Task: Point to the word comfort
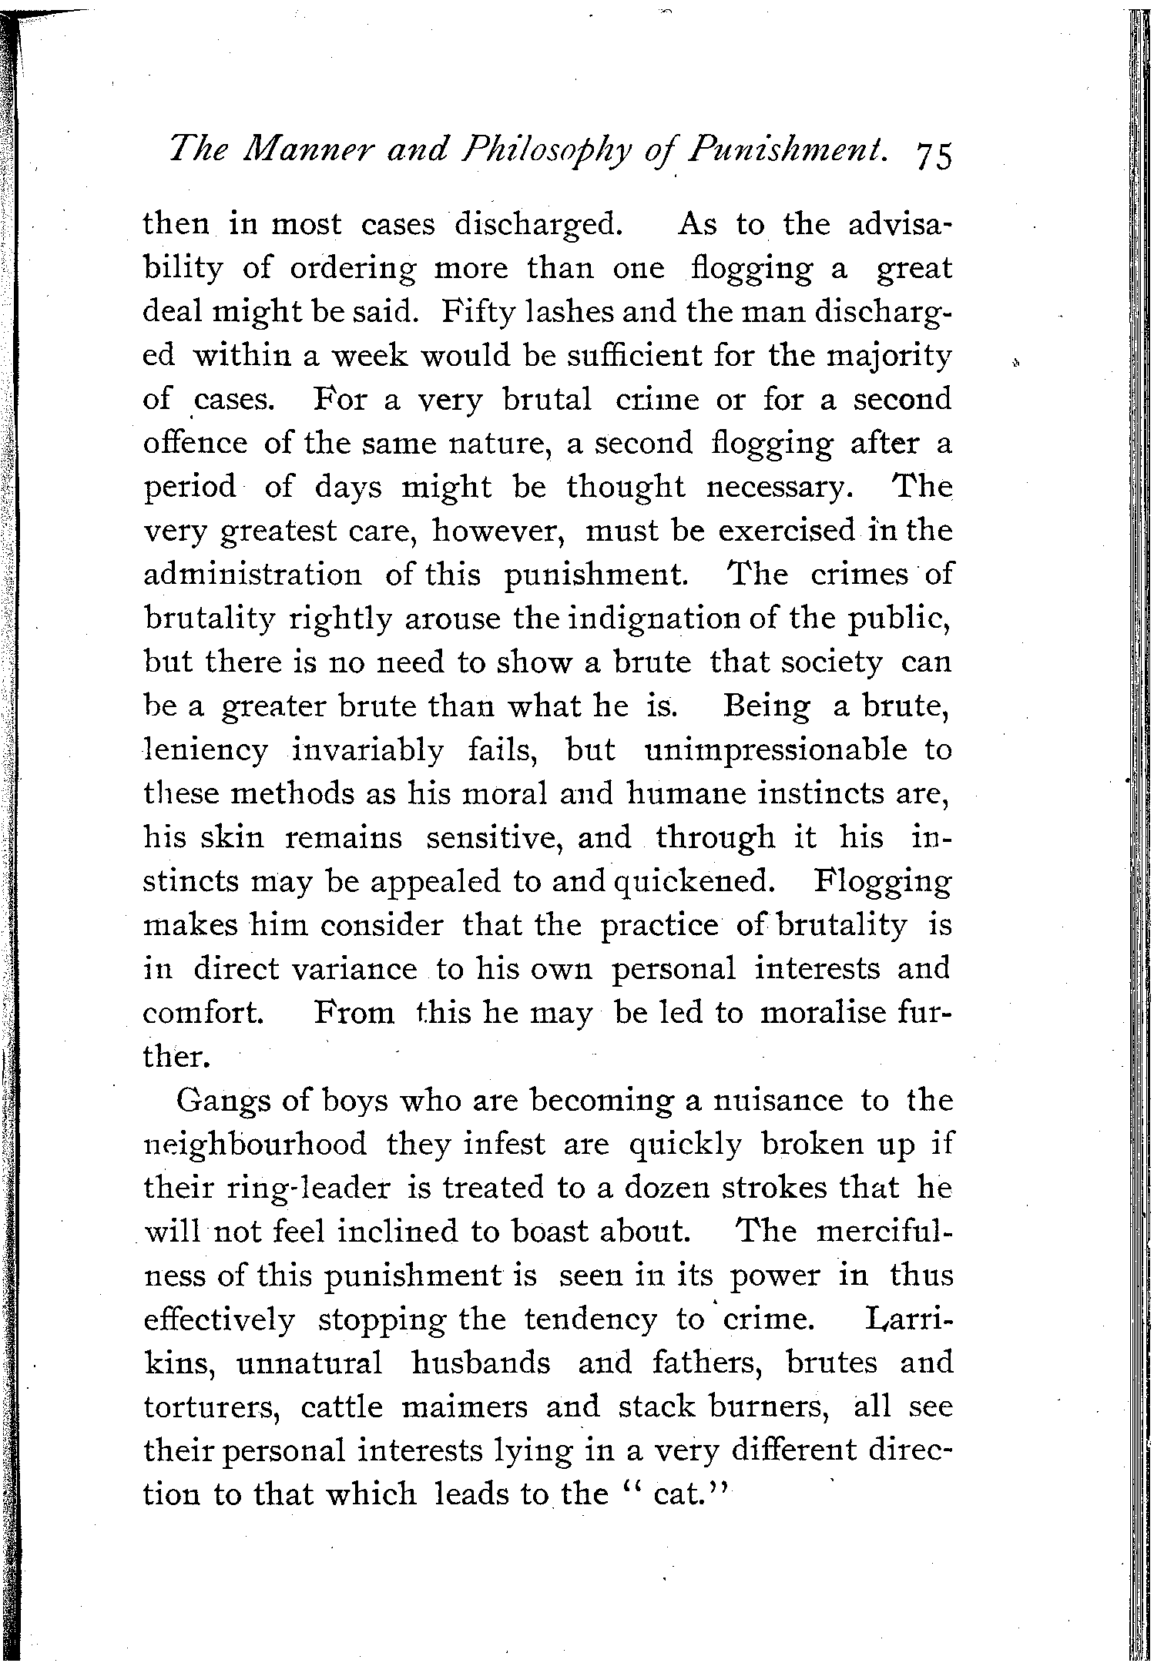pos(203,1012)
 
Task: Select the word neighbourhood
pos(255,1144)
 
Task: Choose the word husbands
pos(481,1363)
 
